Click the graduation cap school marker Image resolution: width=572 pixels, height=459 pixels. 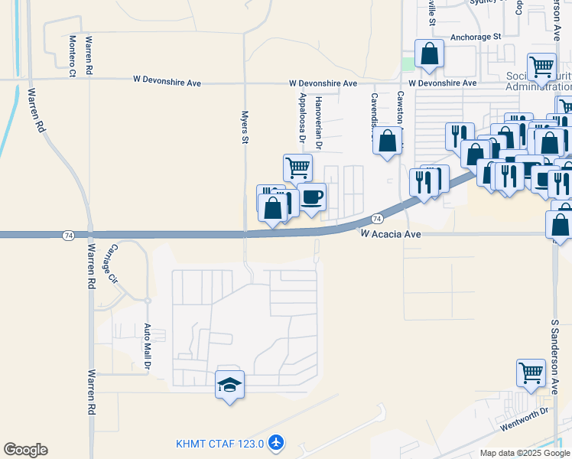pos(229,384)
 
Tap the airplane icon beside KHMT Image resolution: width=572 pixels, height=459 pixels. pos(276,443)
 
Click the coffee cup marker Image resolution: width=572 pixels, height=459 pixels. pos(311,197)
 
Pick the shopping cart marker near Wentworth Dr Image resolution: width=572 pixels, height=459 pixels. pos(530,373)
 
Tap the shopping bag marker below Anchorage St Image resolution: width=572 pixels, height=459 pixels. pos(429,54)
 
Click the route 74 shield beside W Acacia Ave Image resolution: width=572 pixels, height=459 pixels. pos(377,219)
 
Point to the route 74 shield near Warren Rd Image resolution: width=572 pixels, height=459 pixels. pos(69,234)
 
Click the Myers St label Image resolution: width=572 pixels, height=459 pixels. pos(245,127)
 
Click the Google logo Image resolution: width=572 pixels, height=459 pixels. pos(25,450)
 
